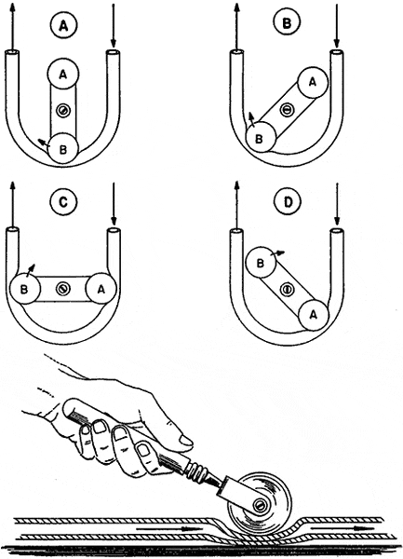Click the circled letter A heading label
tap(63, 25)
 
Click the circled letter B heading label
tap(287, 23)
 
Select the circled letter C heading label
tap(63, 202)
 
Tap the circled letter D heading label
tap(288, 202)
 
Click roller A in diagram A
tap(63, 75)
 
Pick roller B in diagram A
tap(63, 149)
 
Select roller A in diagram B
tap(312, 82)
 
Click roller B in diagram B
tap(261, 138)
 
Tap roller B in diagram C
tap(25, 289)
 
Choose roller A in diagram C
tap(101, 289)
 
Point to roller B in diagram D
tap(261, 263)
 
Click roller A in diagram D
tap(314, 315)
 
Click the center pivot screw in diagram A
tap(63, 111)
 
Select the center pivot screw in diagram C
tap(63, 289)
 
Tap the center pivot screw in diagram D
tap(287, 289)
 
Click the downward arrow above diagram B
tap(336, 26)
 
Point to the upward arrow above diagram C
tap(12, 204)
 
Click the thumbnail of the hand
tap(187, 443)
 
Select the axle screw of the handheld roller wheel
tap(260, 504)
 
